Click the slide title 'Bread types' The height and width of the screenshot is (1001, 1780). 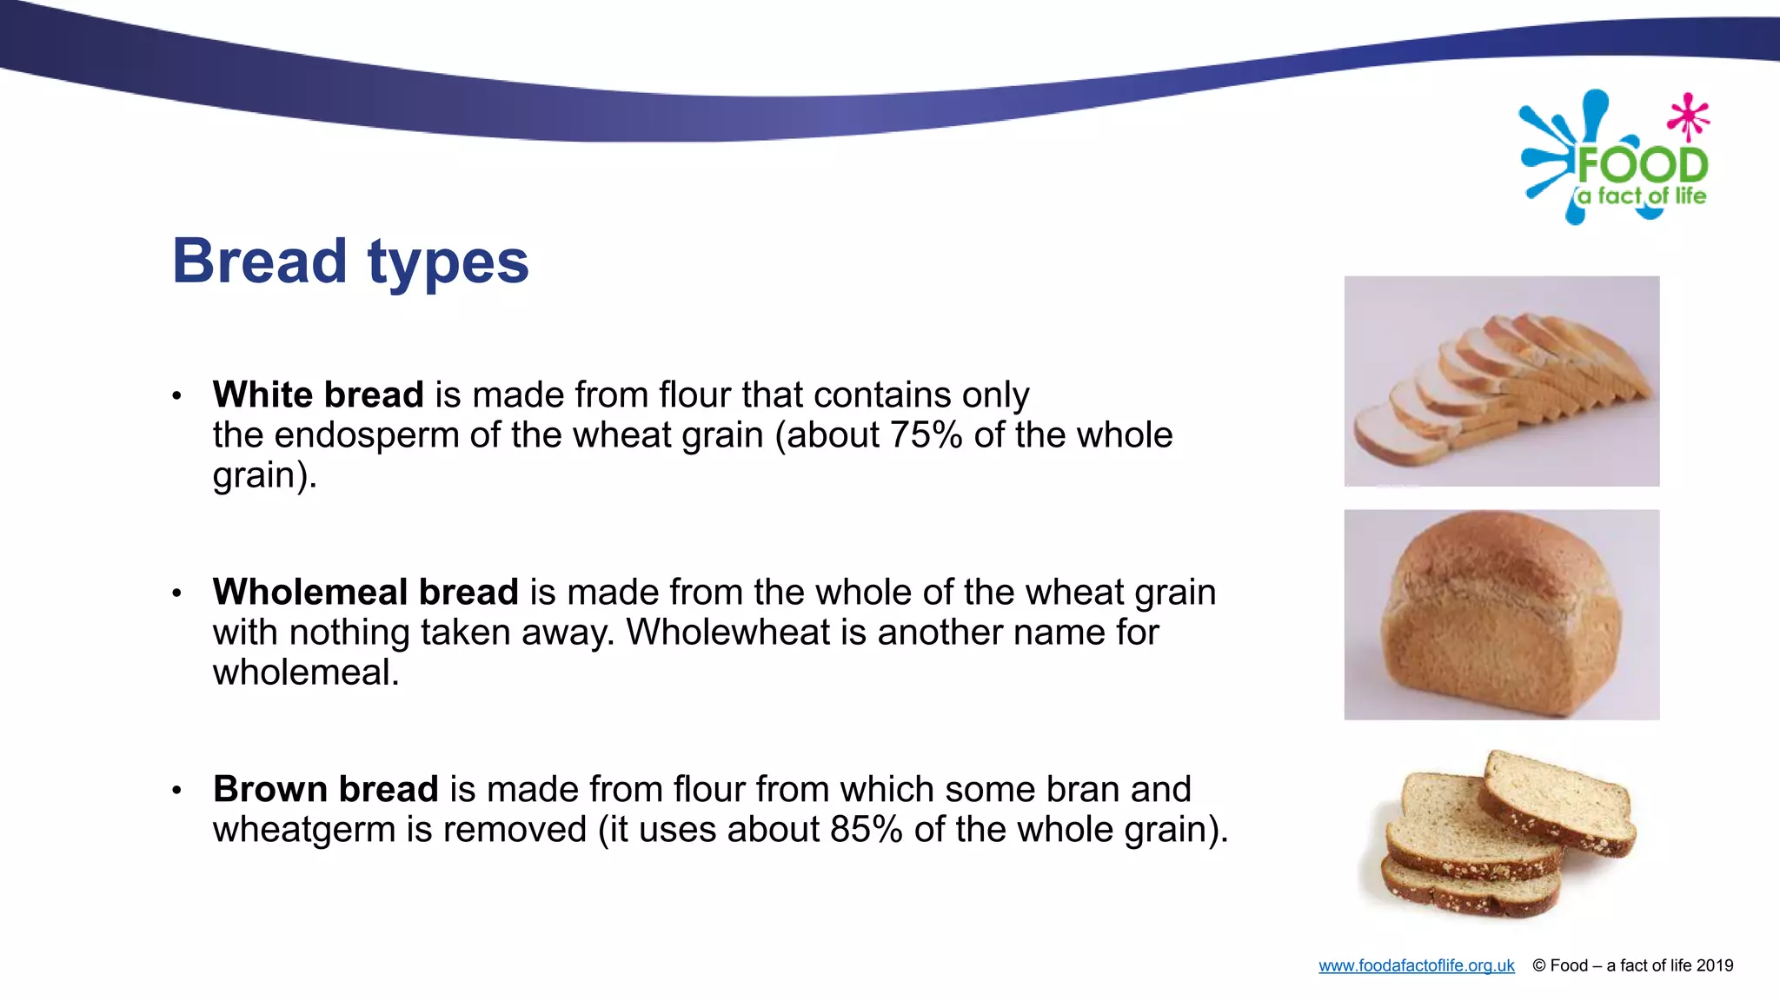click(x=350, y=262)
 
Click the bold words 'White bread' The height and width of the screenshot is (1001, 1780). click(x=318, y=395)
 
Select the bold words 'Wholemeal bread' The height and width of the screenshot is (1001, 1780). click(x=365, y=593)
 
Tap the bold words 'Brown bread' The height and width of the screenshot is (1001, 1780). click(x=326, y=790)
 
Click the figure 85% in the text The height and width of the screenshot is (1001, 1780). click(x=866, y=830)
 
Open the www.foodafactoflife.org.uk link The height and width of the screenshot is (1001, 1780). click(x=1416, y=966)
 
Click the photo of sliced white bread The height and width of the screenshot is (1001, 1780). click(x=1501, y=381)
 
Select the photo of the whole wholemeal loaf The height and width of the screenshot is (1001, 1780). click(x=1501, y=615)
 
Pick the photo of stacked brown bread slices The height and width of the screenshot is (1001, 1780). click(x=1501, y=834)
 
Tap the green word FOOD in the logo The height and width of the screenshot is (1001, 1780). click(x=1643, y=165)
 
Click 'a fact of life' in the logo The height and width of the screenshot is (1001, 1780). click(x=1642, y=196)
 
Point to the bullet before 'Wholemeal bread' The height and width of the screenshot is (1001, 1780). click(x=176, y=593)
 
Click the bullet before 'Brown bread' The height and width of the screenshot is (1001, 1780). click(x=176, y=791)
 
